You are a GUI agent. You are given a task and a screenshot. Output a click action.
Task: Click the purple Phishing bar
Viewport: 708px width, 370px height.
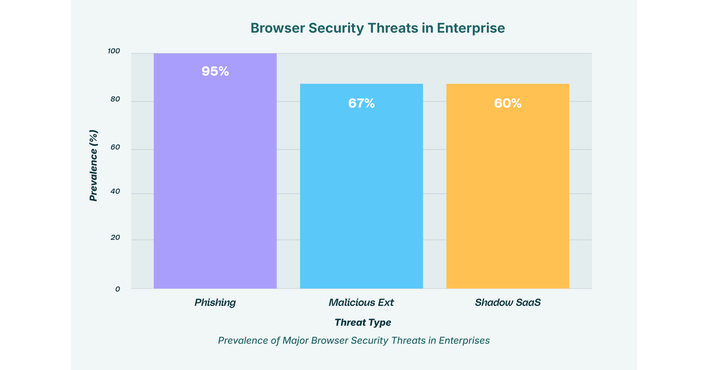click(215, 171)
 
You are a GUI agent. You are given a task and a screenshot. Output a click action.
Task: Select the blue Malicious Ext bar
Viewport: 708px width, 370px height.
click(361, 186)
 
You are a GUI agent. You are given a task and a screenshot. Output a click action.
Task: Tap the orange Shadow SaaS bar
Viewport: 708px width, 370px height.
click(508, 186)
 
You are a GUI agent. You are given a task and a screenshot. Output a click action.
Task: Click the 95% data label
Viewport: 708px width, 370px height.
click(215, 71)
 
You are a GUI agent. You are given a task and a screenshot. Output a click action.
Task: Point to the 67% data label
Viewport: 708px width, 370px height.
click(361, 103)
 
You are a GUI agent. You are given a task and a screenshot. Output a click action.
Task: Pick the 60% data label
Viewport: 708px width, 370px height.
click(508, 103)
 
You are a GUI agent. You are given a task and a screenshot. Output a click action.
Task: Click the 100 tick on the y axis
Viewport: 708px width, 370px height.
click(114, 51)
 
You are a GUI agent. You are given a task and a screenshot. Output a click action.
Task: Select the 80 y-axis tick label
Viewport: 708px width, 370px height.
click(115, 99)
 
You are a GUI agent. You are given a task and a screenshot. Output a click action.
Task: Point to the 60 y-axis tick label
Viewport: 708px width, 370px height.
click(115, 147)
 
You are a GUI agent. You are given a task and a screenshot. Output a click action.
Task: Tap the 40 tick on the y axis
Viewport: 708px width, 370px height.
click(115, 191)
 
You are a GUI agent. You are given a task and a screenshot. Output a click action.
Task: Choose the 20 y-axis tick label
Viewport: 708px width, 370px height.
click(115, 237)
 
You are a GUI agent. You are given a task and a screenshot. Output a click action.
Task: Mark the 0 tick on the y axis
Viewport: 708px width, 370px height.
click(118, 289)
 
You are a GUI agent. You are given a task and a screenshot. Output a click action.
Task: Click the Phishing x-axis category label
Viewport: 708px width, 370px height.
click(215, 303)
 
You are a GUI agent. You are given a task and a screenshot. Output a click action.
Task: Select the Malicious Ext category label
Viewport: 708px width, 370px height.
click(361, 303)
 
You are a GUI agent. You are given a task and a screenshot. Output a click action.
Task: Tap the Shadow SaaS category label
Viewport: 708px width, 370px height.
click(508, 303)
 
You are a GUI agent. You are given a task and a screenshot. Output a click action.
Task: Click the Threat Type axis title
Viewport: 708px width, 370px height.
click(363, 322)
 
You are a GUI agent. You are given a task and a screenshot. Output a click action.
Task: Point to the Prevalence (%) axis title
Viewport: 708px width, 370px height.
click(94, 165)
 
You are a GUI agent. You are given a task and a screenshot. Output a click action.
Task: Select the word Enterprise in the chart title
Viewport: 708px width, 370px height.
click(471, 28)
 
